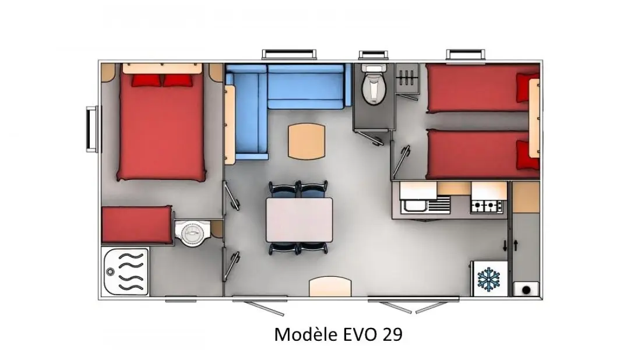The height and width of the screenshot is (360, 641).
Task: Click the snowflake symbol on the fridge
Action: coord(488,280)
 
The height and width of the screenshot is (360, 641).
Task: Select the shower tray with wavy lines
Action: coord(125,272)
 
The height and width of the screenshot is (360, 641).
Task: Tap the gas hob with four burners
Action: coord(487,206)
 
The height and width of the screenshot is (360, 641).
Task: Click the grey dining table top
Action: coord(300,220)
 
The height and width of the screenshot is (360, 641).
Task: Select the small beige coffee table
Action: coord(307,142)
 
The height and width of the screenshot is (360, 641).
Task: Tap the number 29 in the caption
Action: coord(392,334)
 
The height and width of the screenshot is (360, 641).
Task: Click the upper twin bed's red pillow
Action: coord(527,87)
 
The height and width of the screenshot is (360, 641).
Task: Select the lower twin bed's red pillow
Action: coord(527,155)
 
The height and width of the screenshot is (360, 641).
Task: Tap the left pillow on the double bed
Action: coord(146,80)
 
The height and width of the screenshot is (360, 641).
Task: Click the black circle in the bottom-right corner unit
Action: coord(526,290)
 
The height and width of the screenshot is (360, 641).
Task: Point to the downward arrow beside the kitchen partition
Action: coord(505,246)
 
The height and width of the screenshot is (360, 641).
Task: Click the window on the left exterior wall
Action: coord(93,129)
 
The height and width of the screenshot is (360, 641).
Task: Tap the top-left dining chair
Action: coord(284,189)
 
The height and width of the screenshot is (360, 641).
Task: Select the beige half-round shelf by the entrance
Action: coord(330,287)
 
